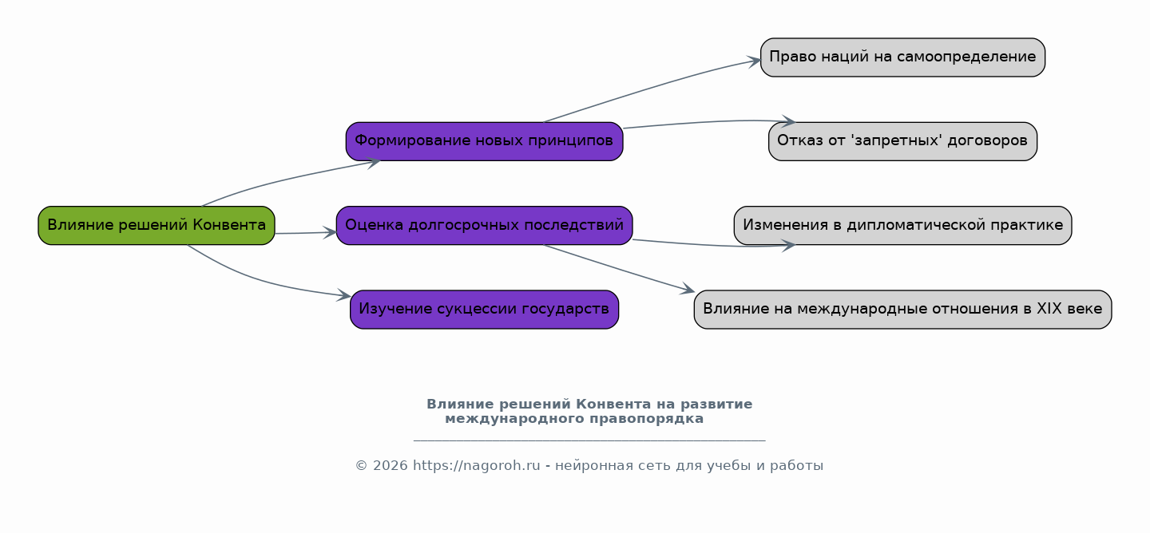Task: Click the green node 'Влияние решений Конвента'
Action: point(157,226)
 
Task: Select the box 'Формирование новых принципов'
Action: point(484,141)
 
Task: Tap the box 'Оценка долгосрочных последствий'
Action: point(484,226)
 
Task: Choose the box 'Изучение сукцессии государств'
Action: point(484,310)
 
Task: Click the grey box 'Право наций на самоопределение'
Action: point(902,57)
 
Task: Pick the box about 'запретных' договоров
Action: point(902,141)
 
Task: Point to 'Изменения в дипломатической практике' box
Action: point(902,226)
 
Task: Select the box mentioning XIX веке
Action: point(902,310)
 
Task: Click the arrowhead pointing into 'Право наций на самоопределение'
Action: point(754,62)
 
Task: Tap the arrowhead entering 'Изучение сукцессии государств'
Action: point(344,295)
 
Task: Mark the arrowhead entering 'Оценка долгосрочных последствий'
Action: point(330,232)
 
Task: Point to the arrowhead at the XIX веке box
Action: point(688,290)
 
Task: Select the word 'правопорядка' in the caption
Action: point(646,419)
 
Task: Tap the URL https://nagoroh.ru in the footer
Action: point(477,466)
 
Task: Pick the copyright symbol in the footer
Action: point(362,466)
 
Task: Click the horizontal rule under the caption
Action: point(589,440)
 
